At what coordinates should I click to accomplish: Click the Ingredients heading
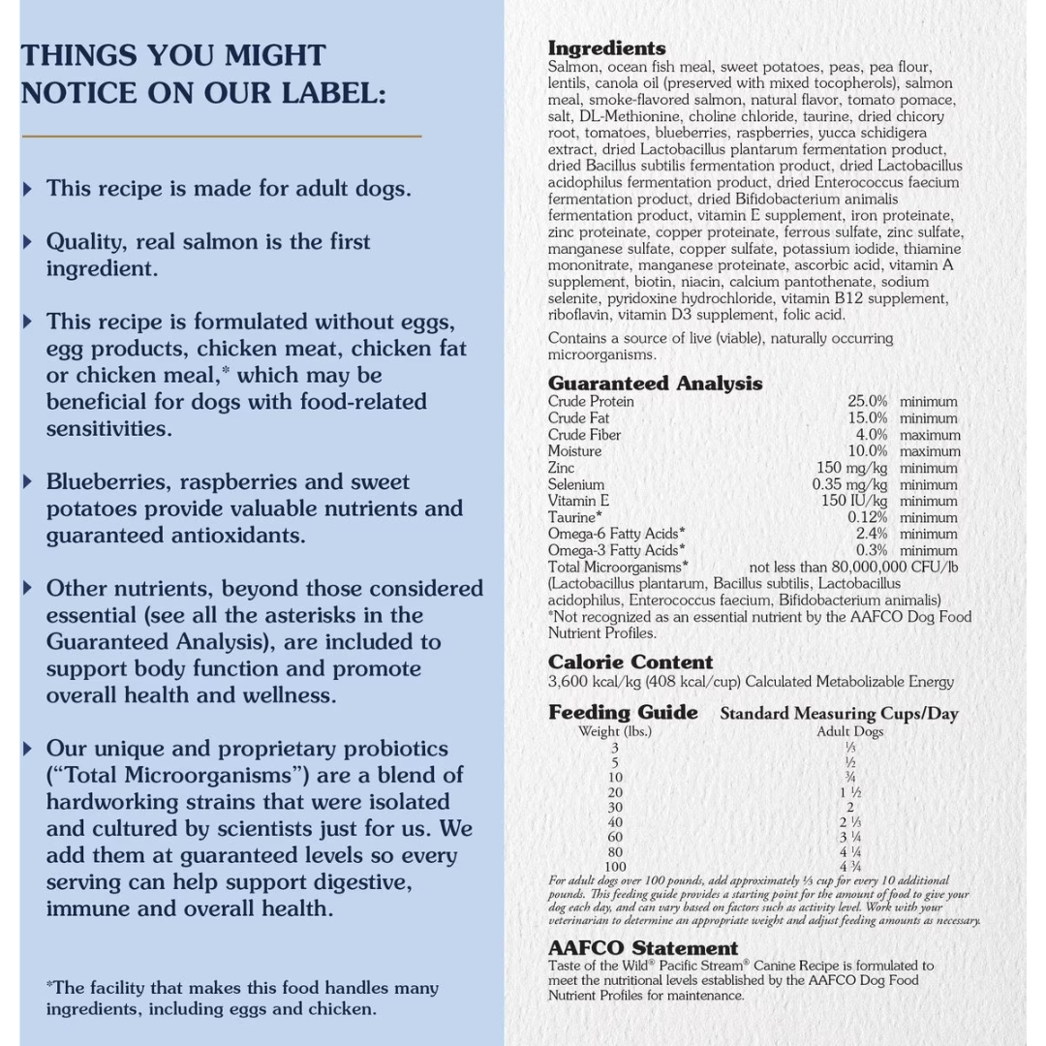[606, 48]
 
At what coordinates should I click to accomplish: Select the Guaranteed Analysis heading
[655, 384]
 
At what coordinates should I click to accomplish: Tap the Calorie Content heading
[630, 662]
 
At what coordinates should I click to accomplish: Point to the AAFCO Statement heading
[642, 948]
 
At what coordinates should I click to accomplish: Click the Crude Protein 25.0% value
[867, 401]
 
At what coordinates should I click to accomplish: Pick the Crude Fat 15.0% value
[867, 418]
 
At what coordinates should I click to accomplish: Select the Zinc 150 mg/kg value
[851, 468]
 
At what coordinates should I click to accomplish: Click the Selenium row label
[575, 484]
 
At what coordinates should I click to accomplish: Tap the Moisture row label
[574, 451]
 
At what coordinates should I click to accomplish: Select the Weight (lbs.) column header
[614, 731]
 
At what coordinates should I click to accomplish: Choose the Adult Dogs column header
[849, 731]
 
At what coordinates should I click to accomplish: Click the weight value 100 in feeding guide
[615, 867]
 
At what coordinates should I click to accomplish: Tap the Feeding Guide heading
[623, 713]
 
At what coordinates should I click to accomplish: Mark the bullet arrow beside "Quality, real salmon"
[28, 242]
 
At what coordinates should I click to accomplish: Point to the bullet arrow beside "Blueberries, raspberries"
[28, 482]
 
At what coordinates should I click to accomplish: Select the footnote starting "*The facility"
[241, 999]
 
